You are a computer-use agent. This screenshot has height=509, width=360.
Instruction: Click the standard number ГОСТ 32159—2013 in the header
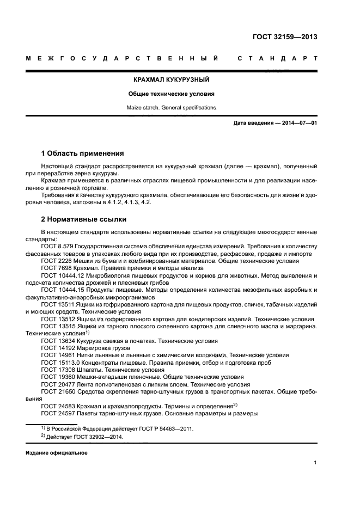285,38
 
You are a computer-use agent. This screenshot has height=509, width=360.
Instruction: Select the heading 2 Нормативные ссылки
84,219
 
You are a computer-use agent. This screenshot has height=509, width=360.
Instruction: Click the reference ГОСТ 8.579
57,247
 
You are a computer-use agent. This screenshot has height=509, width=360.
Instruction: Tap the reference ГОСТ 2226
54,261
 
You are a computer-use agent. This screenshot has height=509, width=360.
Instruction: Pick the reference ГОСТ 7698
54,268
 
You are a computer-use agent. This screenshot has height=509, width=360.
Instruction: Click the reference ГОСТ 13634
56,341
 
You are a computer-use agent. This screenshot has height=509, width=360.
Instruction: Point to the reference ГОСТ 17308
56,370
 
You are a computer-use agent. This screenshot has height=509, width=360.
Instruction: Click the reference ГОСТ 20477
56,384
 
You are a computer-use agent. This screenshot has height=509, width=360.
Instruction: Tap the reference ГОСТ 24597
56,413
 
